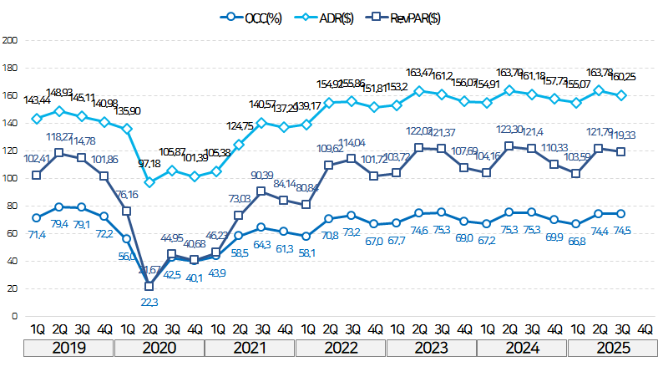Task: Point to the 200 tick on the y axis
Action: [x=10, y=40]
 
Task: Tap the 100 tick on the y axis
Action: [x=10, y=178]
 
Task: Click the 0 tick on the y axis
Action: [x=14, y=316]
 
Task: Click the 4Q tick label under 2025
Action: [x=645, y=329]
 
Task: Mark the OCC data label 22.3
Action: [x=149, y=301]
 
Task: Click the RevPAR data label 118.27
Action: [x=61, y=136]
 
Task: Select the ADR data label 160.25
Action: [x=622, y=77]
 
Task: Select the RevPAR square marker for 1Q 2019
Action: [x=37, y=175]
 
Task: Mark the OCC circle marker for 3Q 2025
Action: [x=622, y=213]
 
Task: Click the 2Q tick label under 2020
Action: [x=149, y=329]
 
